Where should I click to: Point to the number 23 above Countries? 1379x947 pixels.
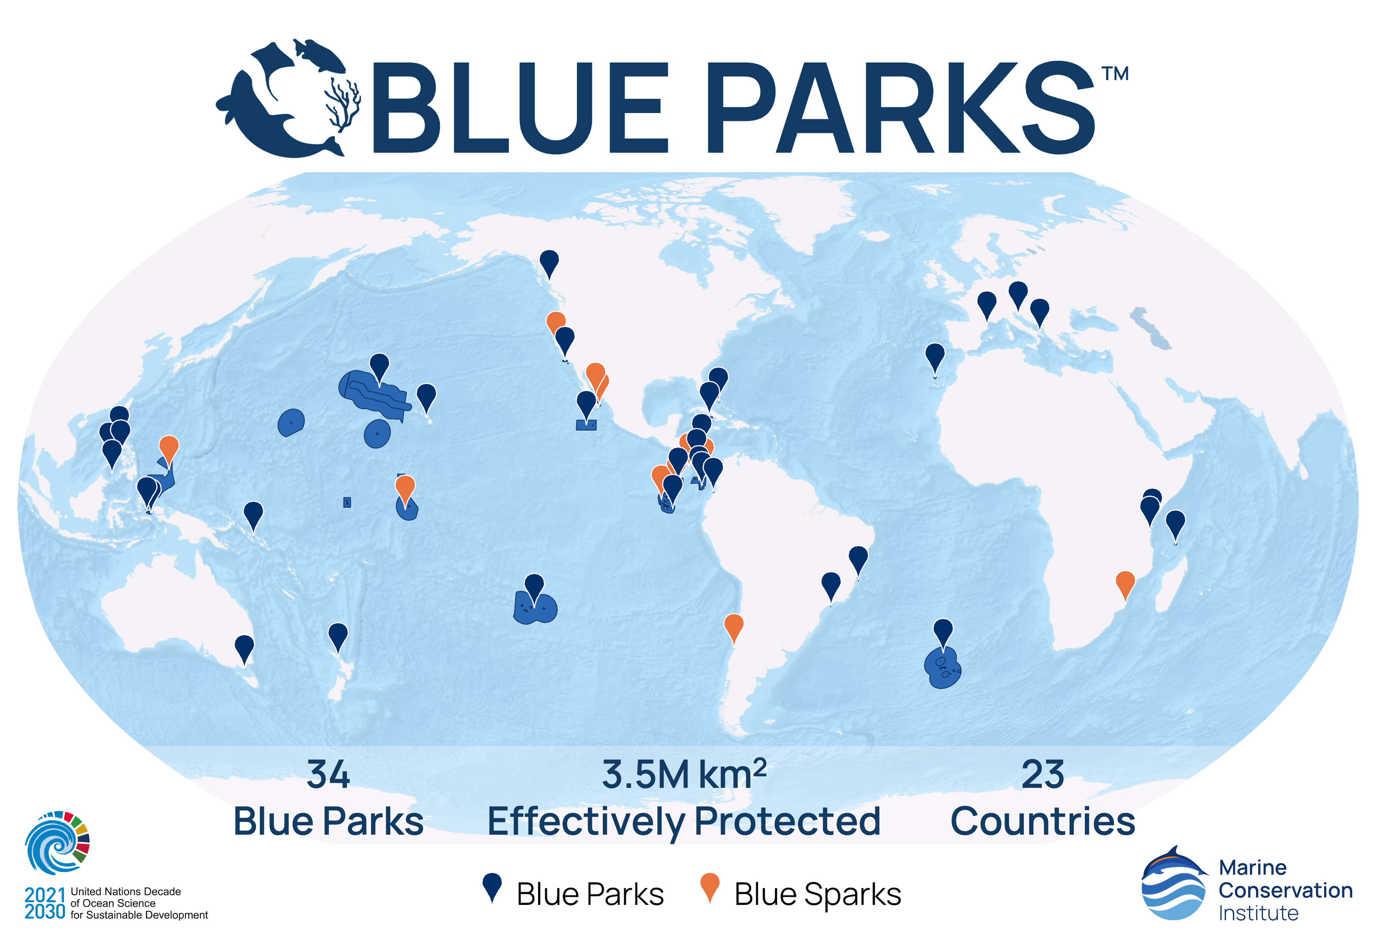click(1042, 774)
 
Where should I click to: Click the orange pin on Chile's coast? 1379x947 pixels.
click(734, 629)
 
